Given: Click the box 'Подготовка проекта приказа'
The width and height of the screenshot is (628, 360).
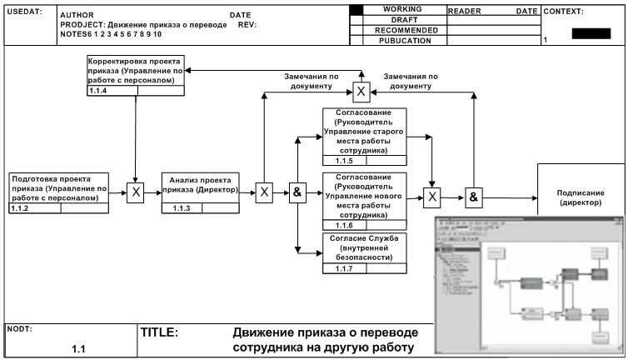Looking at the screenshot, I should pos(59,188).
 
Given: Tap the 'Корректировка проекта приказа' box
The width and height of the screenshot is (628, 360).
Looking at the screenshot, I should pos(137,72).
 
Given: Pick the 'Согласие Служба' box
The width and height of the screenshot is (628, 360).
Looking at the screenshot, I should pos(364,247).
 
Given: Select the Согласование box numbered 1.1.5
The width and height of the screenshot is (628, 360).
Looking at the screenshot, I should pos(364,132).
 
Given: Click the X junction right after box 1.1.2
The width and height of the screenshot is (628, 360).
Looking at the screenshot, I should pos(135,193).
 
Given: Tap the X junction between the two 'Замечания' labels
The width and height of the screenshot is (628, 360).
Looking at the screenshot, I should pos(361,91).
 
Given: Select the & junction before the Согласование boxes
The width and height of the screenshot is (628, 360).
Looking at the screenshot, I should pos(296,193).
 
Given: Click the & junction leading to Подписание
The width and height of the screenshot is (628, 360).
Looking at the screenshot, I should pos(473,197).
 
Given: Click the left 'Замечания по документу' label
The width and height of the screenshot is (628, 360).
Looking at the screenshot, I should pos(311,81).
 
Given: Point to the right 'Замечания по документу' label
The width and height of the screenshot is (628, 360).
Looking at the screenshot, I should pos(411,81).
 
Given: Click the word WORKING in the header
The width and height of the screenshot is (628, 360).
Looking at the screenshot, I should pos(401,8).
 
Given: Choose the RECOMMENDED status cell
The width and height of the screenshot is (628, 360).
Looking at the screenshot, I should pos(401,29).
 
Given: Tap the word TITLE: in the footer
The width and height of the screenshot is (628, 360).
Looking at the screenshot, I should pos(159,332).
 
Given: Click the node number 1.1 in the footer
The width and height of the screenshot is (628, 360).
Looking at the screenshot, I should pos(79,348).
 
